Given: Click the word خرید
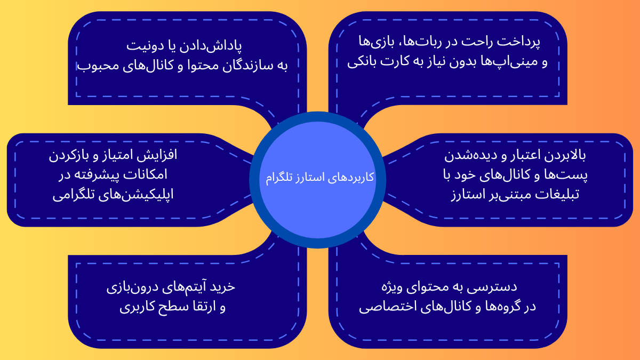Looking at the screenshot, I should point(223,287).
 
